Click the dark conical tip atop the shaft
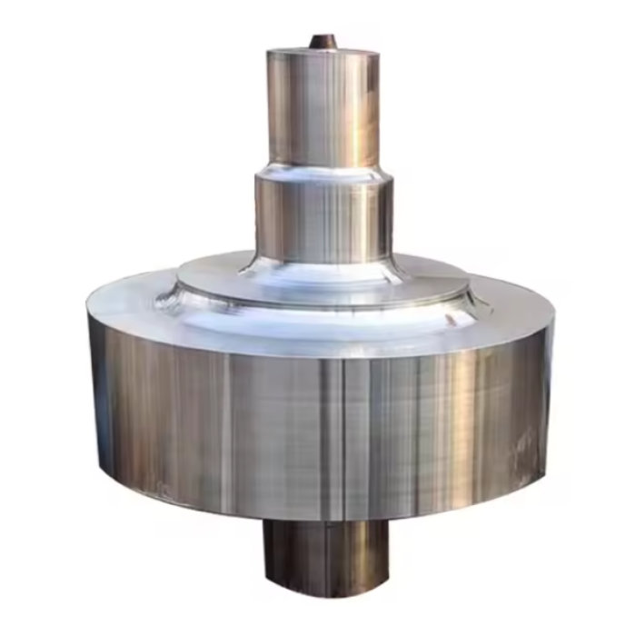tap(323, 41)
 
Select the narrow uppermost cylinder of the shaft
tap(323, 109)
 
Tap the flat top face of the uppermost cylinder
tap(323, 51)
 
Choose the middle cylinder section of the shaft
tap(323, 218)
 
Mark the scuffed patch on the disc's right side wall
tap(525, 445)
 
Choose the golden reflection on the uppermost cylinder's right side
tap(363, 109)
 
